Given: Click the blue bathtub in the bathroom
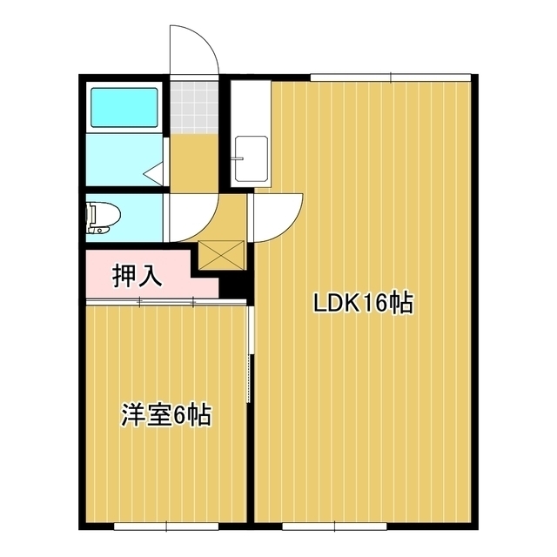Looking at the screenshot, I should (124, 108).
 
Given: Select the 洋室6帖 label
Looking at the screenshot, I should (165, 415).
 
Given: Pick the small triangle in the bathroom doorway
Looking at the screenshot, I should (155, 174).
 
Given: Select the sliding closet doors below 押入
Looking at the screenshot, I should (165, 302).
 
